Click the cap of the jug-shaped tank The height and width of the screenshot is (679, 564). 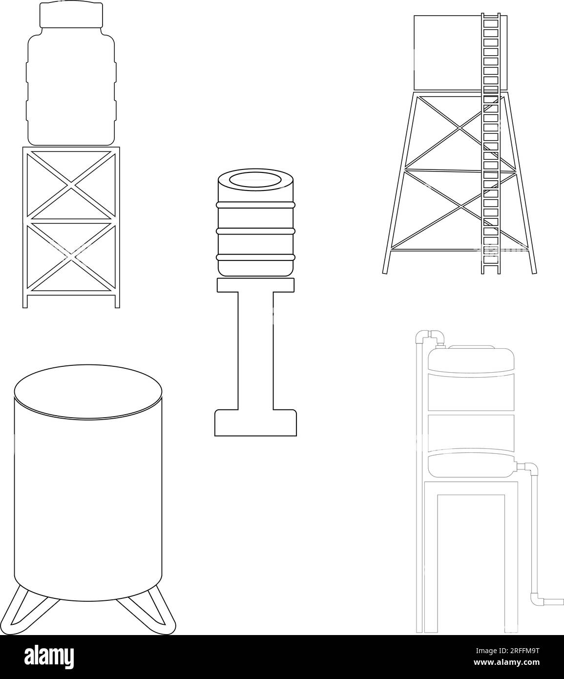click(71, 15)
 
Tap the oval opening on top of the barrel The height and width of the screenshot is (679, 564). click(255, 180)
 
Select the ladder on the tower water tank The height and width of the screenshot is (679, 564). click(491, 144)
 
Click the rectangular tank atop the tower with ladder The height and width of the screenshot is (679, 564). click(460, 53)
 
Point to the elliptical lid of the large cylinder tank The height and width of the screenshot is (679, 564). click(88, 392)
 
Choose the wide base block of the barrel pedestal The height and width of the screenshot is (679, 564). click(255, 423)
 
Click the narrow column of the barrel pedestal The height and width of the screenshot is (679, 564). click(255, 351)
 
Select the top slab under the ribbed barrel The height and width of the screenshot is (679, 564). click(255, 285)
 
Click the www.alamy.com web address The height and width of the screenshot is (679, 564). click(507, 662)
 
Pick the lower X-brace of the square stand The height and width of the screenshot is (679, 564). click(71, 257)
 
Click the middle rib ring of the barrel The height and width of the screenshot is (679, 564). click(255, 231)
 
